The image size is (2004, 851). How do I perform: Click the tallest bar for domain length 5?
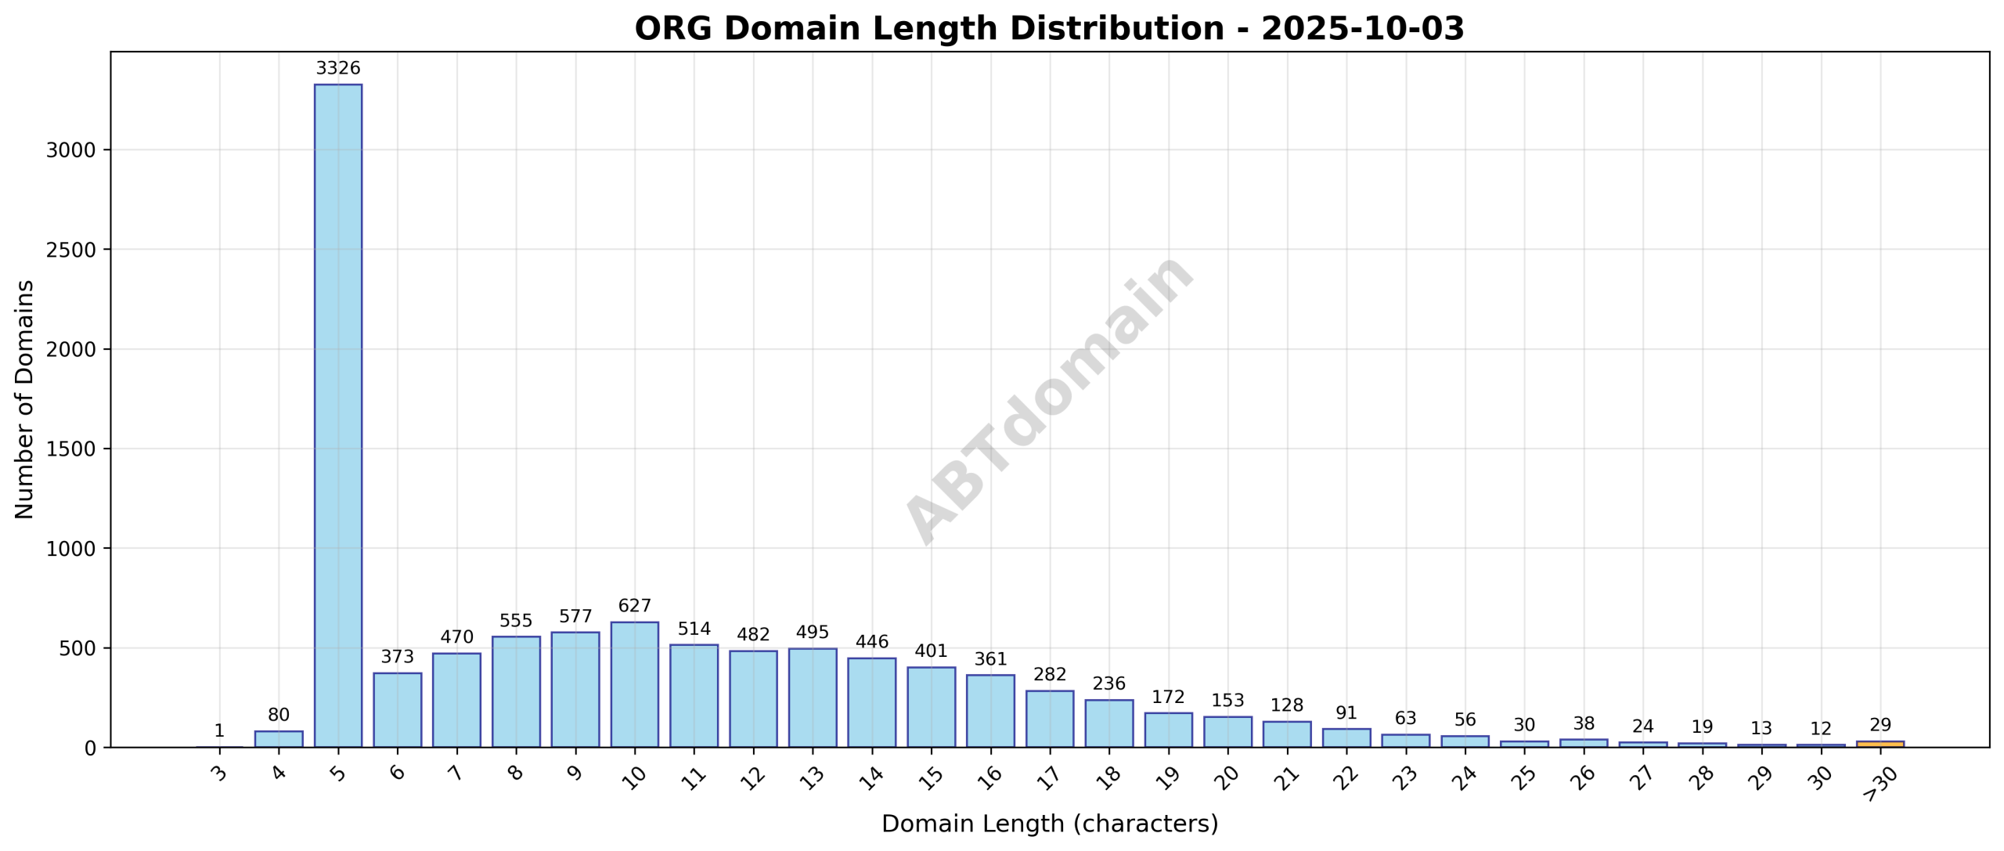click(338, 415)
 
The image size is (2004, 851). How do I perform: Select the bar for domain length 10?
click(634, 684)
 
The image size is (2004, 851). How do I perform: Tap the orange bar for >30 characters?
click(1880, 744)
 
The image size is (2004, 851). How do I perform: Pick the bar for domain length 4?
click(279, 738)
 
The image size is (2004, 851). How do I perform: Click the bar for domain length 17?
click(1050, 719)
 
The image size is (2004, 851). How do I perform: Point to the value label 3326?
click(338, 68)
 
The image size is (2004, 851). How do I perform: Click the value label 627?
click(634, 606)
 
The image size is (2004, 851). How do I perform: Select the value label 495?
click(813, 632)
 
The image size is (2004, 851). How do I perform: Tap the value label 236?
click(1108, 683)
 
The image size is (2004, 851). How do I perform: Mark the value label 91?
click(1346, 712)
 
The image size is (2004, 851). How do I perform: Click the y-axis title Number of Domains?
click(25, 399)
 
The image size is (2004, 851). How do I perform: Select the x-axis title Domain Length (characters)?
click(1050, 824)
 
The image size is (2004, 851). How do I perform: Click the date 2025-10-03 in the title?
click(1362, 29)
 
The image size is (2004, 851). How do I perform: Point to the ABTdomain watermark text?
click(1050, 399)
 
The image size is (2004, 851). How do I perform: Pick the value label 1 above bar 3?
click(219, 730)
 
